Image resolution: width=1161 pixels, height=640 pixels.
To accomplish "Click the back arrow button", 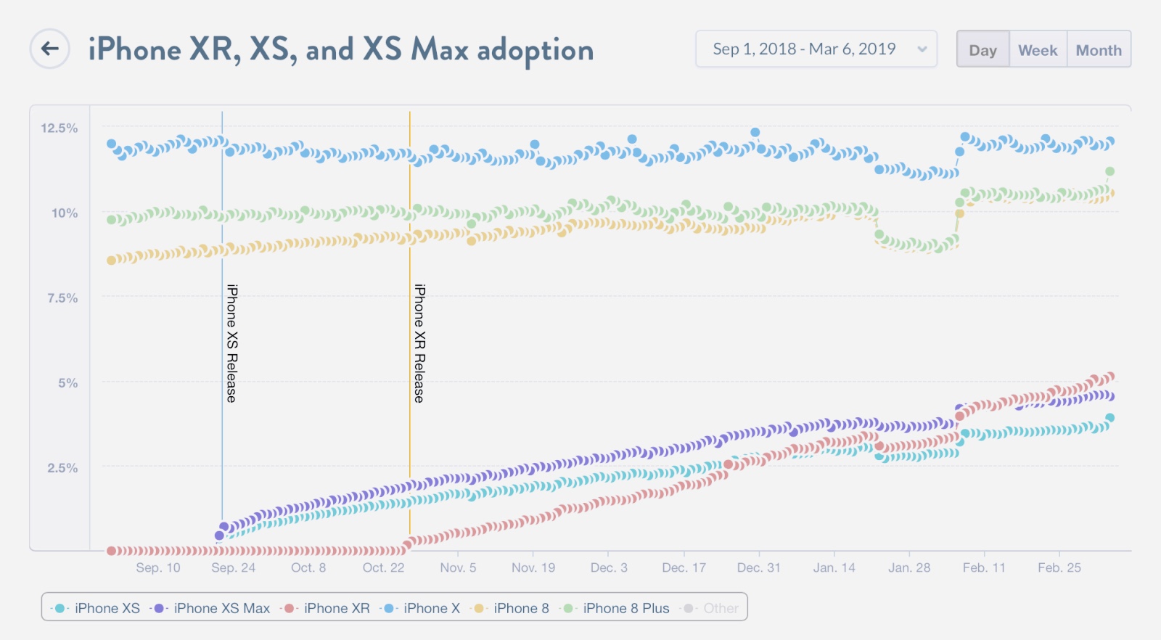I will pyautogui.click(x=50, y=49).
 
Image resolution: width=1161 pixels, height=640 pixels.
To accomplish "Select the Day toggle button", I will pyautogui.click(x=982, y=50).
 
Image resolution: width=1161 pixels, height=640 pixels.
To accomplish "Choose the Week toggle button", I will pyautogui.click(x=1038, y=50).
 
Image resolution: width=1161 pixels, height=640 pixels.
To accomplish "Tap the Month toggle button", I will pyautogui.click(x=1099, y=50).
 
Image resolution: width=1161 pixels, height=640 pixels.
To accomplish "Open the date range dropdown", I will pyautogui.click(x=816, y=49).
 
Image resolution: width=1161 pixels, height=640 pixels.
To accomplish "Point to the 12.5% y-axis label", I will pyautogui.click(x=59, y=128).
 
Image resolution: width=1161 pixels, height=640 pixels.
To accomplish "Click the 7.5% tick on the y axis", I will pyautogui.click(x=62, y=298).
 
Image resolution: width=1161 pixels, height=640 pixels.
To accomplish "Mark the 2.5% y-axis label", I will pyautogui.click(x=62, y=468).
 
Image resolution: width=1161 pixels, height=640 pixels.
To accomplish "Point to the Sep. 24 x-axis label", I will pyautogui.click(x=233, y=567).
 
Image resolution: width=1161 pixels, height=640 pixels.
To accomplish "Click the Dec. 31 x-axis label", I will pyautogui.click(x=758, y=567).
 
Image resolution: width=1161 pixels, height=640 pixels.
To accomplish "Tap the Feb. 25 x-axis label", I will pyautogui.click(x=1059, y=567).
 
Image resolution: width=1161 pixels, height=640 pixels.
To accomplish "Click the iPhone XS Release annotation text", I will pyautogui.click(x=231, y=343).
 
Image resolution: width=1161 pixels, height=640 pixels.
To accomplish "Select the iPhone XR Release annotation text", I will pyautogui.click(x=419, y=343).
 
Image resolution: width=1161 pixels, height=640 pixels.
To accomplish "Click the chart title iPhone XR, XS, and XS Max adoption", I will pyautogui.click(x=341, y=50).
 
